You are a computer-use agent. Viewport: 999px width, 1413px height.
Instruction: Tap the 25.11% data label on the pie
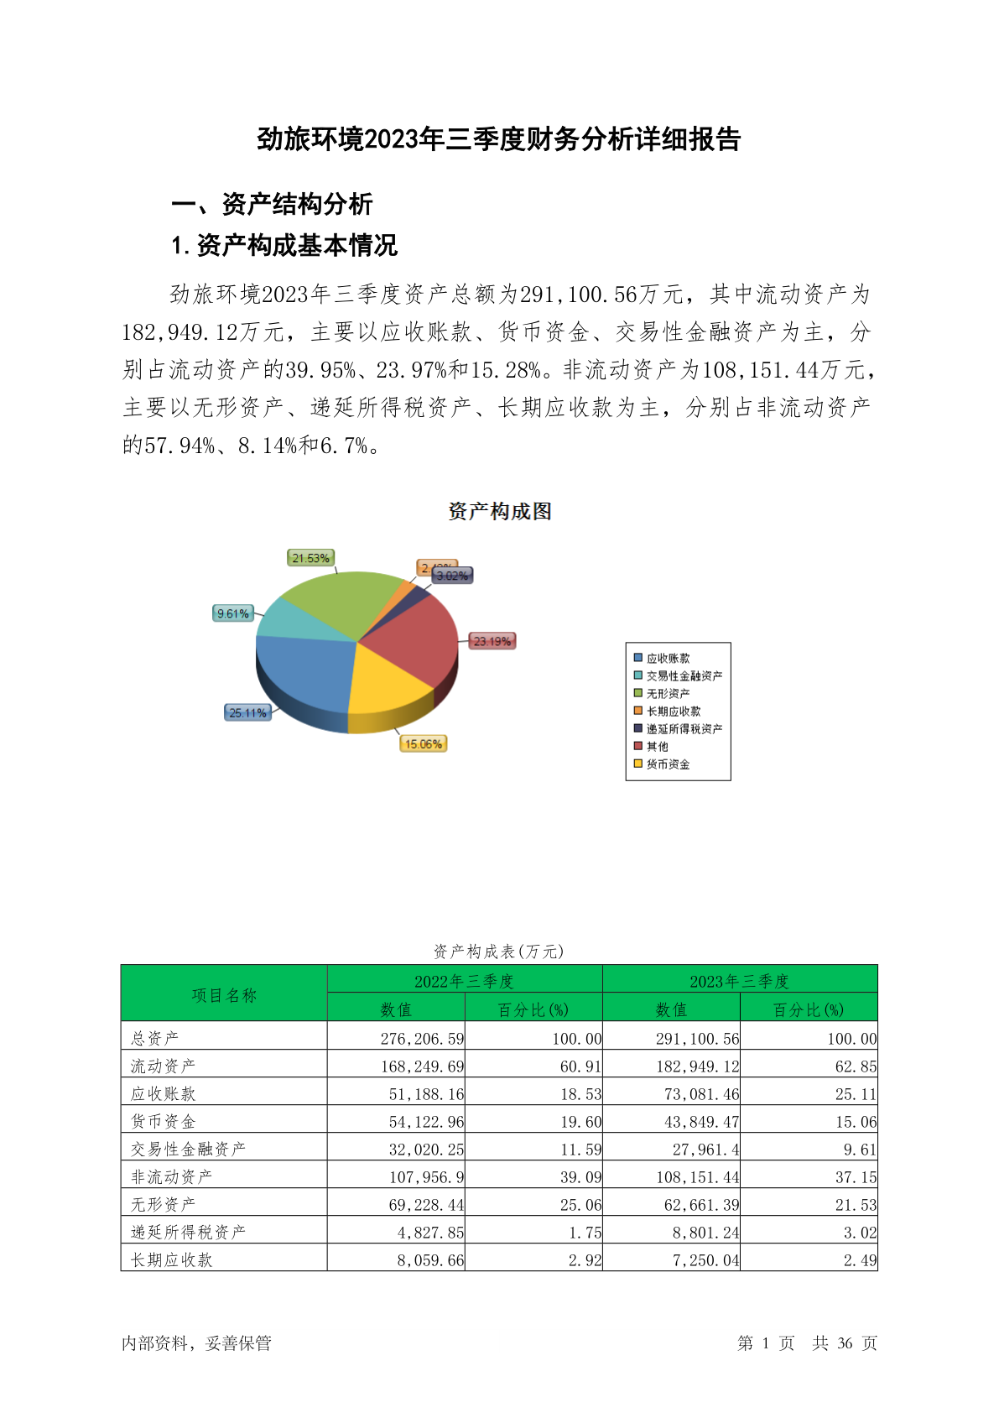point(248,713)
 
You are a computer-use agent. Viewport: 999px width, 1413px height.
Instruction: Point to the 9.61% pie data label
point(233,613)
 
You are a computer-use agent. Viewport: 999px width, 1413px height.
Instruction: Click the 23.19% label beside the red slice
point(492,641)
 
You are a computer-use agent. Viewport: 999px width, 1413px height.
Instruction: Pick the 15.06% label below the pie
point(423,744)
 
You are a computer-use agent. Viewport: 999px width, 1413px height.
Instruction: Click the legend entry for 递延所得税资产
point(684,729)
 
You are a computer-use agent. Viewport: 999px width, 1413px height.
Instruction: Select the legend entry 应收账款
point(668,659)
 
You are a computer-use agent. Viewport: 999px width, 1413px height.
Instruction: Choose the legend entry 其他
point(657,747)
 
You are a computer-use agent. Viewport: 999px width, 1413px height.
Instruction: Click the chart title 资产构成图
point(500,511)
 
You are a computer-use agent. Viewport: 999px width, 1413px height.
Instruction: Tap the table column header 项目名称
point(224,995)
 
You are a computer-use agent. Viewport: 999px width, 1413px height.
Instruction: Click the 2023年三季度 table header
point(739,981)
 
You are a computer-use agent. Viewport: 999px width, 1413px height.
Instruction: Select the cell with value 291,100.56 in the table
point(698,1039)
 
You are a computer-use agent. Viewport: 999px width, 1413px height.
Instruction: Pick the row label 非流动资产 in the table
point(172,1177)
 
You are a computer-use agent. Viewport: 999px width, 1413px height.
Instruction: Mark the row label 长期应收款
point(172,1260)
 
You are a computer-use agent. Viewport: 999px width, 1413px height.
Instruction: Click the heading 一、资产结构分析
point(272,204)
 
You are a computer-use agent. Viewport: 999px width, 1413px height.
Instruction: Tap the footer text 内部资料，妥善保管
point(196,1343)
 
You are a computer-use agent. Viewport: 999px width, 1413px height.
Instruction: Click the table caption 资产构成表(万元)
point(499,952)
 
